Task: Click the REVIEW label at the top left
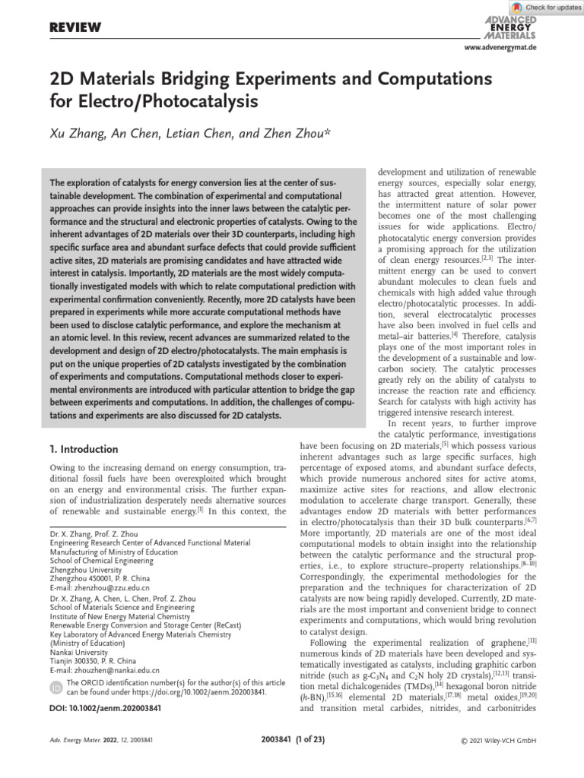pyautogui.click(x=75, y=28)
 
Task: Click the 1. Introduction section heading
pyautogui.click(x=84, y=449)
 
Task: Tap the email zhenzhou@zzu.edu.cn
pyautogui.click(x=100, y=588)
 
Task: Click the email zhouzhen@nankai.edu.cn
pyautogui.click(x=104, y=670)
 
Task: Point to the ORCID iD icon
pyautogui.click(x=56, y=688)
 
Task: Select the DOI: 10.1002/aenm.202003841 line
pyautogui.click(x=110, y=708)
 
